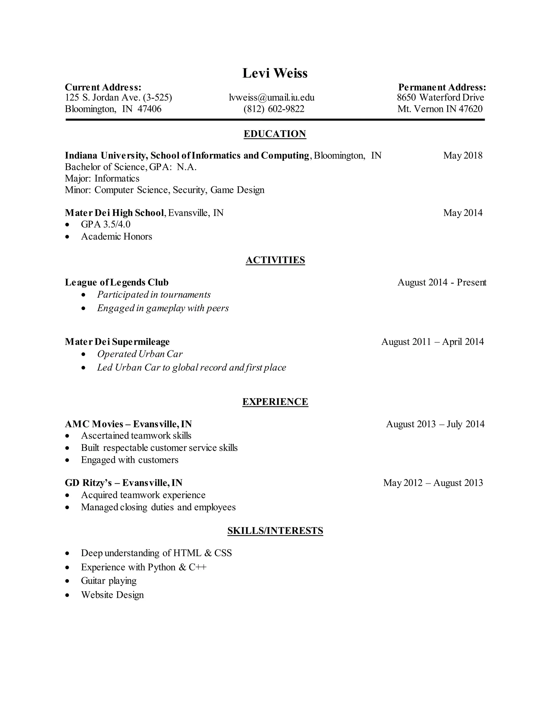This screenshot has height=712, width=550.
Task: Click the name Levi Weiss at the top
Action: click(x=275, y=73)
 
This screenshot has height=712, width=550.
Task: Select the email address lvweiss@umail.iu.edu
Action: click(x=272, y=98)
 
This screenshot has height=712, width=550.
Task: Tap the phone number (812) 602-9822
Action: click(x=274, y=109)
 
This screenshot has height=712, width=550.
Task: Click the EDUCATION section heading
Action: click(x=275, y=134)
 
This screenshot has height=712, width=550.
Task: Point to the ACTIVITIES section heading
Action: click(x=275, y=260)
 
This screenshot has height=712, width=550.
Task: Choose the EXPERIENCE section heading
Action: click(x=275, y=402)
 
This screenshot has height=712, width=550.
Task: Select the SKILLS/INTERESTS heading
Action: click(x=275, y=531)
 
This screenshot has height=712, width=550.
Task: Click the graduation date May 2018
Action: click(x=462, y=156)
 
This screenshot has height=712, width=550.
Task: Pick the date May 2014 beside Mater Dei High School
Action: click(x=462, y=213)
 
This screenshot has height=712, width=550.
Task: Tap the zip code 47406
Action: click(x=149, y=109)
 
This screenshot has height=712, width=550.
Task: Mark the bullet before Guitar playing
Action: click(x=67, y=581)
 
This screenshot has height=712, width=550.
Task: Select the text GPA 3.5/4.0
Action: click(x=106, y=224)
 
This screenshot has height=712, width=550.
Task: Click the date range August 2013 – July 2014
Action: click(x=435, y=424)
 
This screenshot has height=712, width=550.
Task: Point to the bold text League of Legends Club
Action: click(x=117, y=282)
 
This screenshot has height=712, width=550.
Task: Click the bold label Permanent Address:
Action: click(x=442, y=87)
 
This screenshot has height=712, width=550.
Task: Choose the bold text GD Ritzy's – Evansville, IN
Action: click(x=124, y=483)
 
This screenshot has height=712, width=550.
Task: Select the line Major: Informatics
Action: click(x=102, y=179)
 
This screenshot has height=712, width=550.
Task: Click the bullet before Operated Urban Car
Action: click(x=84, y=354)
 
